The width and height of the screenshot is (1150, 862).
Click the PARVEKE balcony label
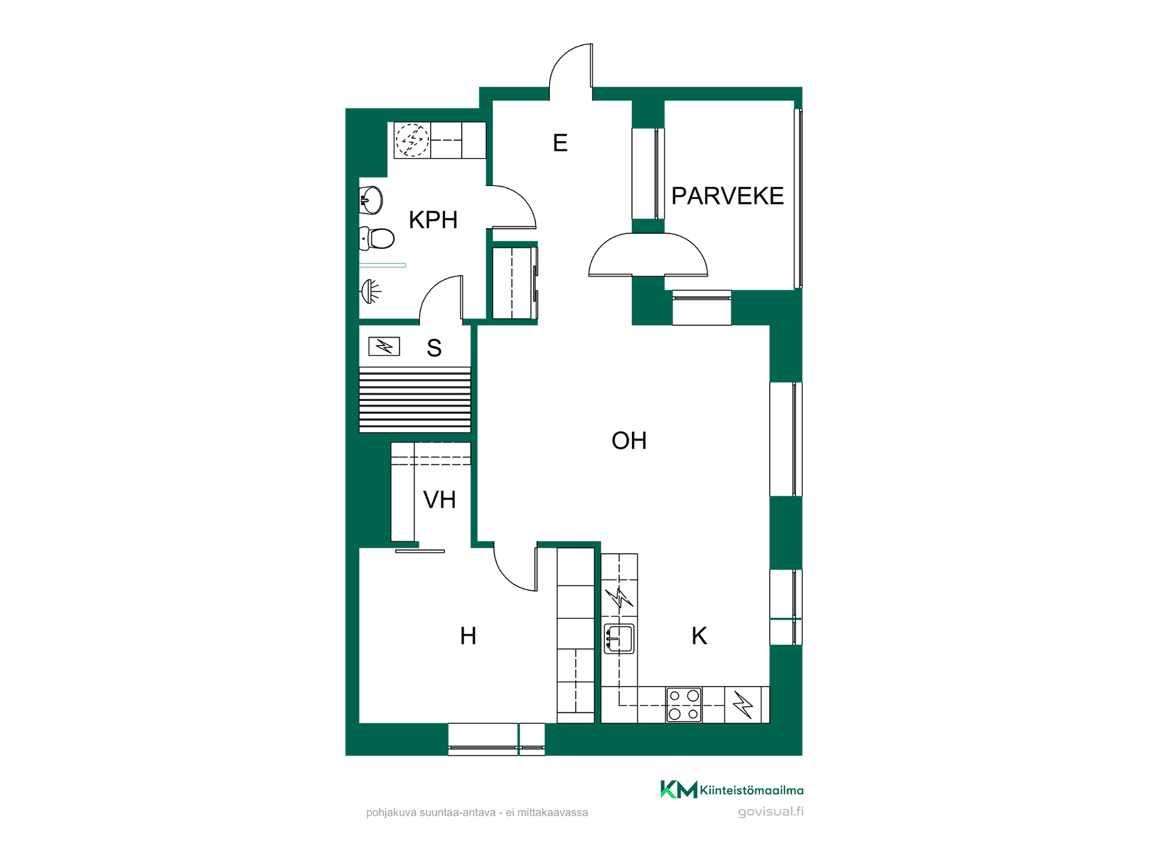pos(727,196)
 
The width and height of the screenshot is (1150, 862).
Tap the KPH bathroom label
pos(433,220)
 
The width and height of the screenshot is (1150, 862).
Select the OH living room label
pos(629,441)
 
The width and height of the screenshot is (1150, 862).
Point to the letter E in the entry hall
pos(560,143)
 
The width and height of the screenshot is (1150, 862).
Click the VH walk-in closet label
pos(440,500)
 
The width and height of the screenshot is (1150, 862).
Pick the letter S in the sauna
pos(434,348)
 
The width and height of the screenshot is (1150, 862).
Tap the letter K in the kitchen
pos(699,636)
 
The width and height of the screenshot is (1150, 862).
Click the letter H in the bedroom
pos(468,636)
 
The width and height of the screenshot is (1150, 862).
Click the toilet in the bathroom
pos(377,238)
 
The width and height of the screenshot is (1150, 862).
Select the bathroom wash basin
pos(371,200)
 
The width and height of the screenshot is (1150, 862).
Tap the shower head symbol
pos(371,292)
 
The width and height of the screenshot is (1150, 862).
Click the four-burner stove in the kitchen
pos(684,705)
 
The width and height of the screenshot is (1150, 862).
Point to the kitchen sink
pos(619,639)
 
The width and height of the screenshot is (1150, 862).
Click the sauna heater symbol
pos(384,346)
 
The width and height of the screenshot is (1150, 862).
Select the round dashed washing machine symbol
pos(412,140)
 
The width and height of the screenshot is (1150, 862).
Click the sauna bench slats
pos(415,399)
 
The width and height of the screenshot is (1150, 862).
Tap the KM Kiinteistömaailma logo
pos(732,790)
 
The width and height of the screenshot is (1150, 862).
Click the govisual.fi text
pos(771,812)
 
